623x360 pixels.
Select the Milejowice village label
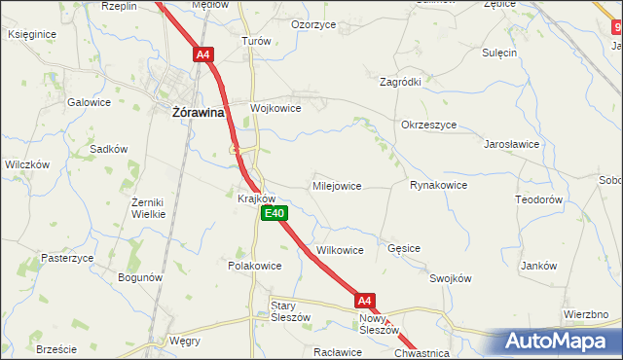click(337, 185)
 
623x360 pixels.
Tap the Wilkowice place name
click(339, 250)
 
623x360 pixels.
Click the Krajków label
click(258, 198)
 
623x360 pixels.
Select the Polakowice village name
click(254, 266)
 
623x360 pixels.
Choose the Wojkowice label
click(275, 108)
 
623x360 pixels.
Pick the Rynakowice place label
click(438, 185)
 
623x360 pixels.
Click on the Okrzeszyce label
click(428, 125)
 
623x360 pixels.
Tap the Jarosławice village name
click(512, 144)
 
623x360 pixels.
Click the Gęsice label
click(403, 248)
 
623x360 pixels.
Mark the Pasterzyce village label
click(67, 258)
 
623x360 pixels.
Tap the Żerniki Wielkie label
click(150, 207)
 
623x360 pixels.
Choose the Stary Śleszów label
click(289, 311)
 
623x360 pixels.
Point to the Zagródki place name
click(400, 83)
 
